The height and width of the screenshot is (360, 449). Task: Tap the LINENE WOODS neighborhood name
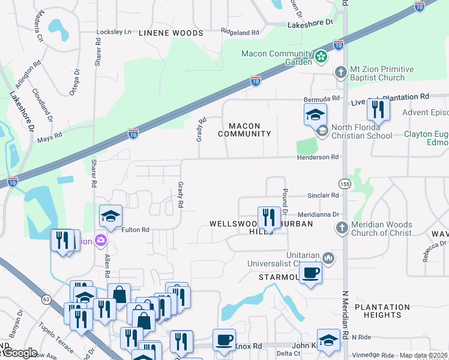[170, 33]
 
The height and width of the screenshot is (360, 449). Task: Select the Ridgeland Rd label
[240, 32]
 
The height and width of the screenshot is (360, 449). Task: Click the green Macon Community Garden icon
[322, 58]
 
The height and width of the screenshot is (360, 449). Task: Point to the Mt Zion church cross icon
[340, 73]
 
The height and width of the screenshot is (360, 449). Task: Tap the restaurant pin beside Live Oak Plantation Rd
[378, 109]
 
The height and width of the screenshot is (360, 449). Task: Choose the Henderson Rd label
[318, 157]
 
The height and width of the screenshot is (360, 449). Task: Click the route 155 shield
[345, 183]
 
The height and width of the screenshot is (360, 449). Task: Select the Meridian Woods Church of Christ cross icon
[341, 228]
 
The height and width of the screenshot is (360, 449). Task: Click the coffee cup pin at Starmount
[310, 273]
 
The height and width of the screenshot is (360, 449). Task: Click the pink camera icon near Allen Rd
[100, 241]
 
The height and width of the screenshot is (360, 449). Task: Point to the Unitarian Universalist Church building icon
[328, 258]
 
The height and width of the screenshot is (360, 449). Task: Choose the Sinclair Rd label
[324, 196]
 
